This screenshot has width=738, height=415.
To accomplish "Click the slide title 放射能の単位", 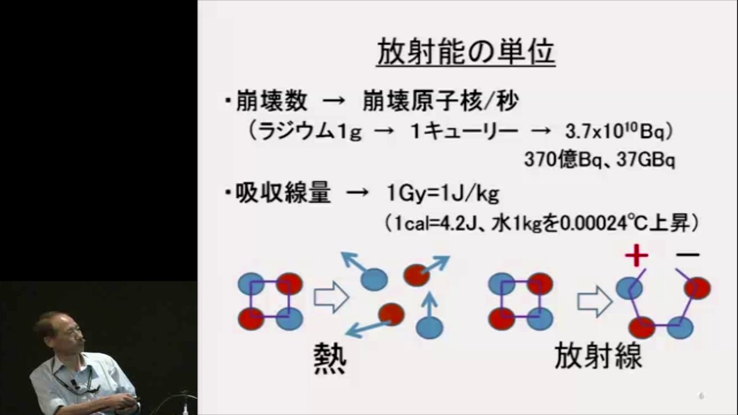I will tap(466, 52).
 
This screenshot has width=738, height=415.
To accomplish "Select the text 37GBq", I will tap(646, 160).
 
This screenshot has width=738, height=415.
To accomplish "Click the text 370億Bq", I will tap(558, 160).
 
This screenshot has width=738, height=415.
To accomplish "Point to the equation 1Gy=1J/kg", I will tap(443, 194).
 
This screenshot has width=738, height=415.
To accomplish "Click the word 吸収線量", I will tap(283, 194).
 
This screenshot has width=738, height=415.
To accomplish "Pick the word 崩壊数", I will tap(271, 102).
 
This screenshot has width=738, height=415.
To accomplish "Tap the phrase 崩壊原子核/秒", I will tap(440, 102).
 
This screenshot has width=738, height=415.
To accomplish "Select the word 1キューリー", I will tap(464, 131).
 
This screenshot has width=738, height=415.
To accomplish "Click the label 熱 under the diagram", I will tap(330, 358).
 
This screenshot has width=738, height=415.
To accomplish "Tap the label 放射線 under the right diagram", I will tap(598, 356).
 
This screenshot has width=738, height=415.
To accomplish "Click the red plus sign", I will tap(636, 256).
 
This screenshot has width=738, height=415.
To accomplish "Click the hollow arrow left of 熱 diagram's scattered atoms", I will tap(331, 297).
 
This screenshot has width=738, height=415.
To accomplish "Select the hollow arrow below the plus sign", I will tap(594, 301).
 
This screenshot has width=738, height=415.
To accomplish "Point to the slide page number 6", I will tap(701, 396).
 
